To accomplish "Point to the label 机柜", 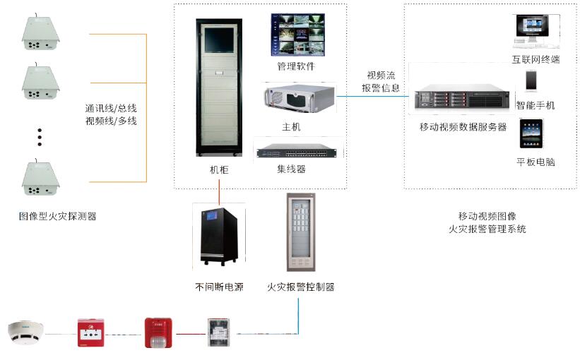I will (219, 170).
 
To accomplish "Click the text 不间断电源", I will (219, 287).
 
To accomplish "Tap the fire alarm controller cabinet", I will (300, 233).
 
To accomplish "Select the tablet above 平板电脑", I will (531, 133).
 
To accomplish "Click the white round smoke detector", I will (25, 332).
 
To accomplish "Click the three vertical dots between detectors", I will (40, 138).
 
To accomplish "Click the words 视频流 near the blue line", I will (381, 76).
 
